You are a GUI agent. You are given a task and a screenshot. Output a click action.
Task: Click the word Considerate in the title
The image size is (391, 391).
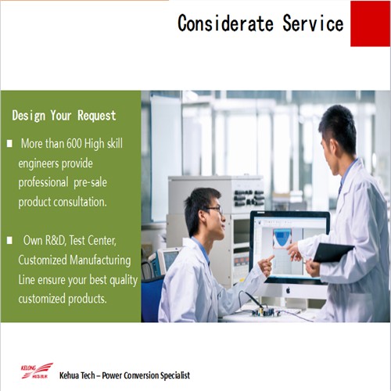point(225,23)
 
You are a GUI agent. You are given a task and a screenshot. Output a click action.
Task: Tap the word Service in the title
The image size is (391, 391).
point(313,23)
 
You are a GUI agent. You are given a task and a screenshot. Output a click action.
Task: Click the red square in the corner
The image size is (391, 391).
point(370,23)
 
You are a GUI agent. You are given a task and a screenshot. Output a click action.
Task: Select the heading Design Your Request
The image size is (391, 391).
point(64,116)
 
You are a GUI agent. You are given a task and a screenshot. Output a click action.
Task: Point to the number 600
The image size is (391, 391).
point(74,143)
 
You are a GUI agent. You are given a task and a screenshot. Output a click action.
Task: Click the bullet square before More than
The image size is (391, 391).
point(9,144)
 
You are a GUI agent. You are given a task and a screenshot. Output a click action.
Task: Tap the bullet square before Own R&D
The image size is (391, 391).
point(9,240)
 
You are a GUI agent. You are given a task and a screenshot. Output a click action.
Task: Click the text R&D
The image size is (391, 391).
point(56,240)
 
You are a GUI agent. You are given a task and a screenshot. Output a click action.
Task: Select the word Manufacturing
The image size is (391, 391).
point(100,260)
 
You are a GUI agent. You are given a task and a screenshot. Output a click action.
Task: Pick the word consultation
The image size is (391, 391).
point(81,202)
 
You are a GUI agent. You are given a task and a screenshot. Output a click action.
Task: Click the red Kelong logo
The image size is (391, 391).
point(37,371)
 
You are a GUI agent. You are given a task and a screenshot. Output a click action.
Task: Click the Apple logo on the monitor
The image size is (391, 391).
point(288,290)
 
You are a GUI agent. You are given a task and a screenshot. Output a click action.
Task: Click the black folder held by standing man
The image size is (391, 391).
point(333,252)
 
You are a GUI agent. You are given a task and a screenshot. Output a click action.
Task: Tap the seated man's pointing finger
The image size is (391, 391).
point(271,258)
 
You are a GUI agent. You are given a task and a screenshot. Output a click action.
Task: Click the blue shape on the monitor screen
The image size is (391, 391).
point(282,239)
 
